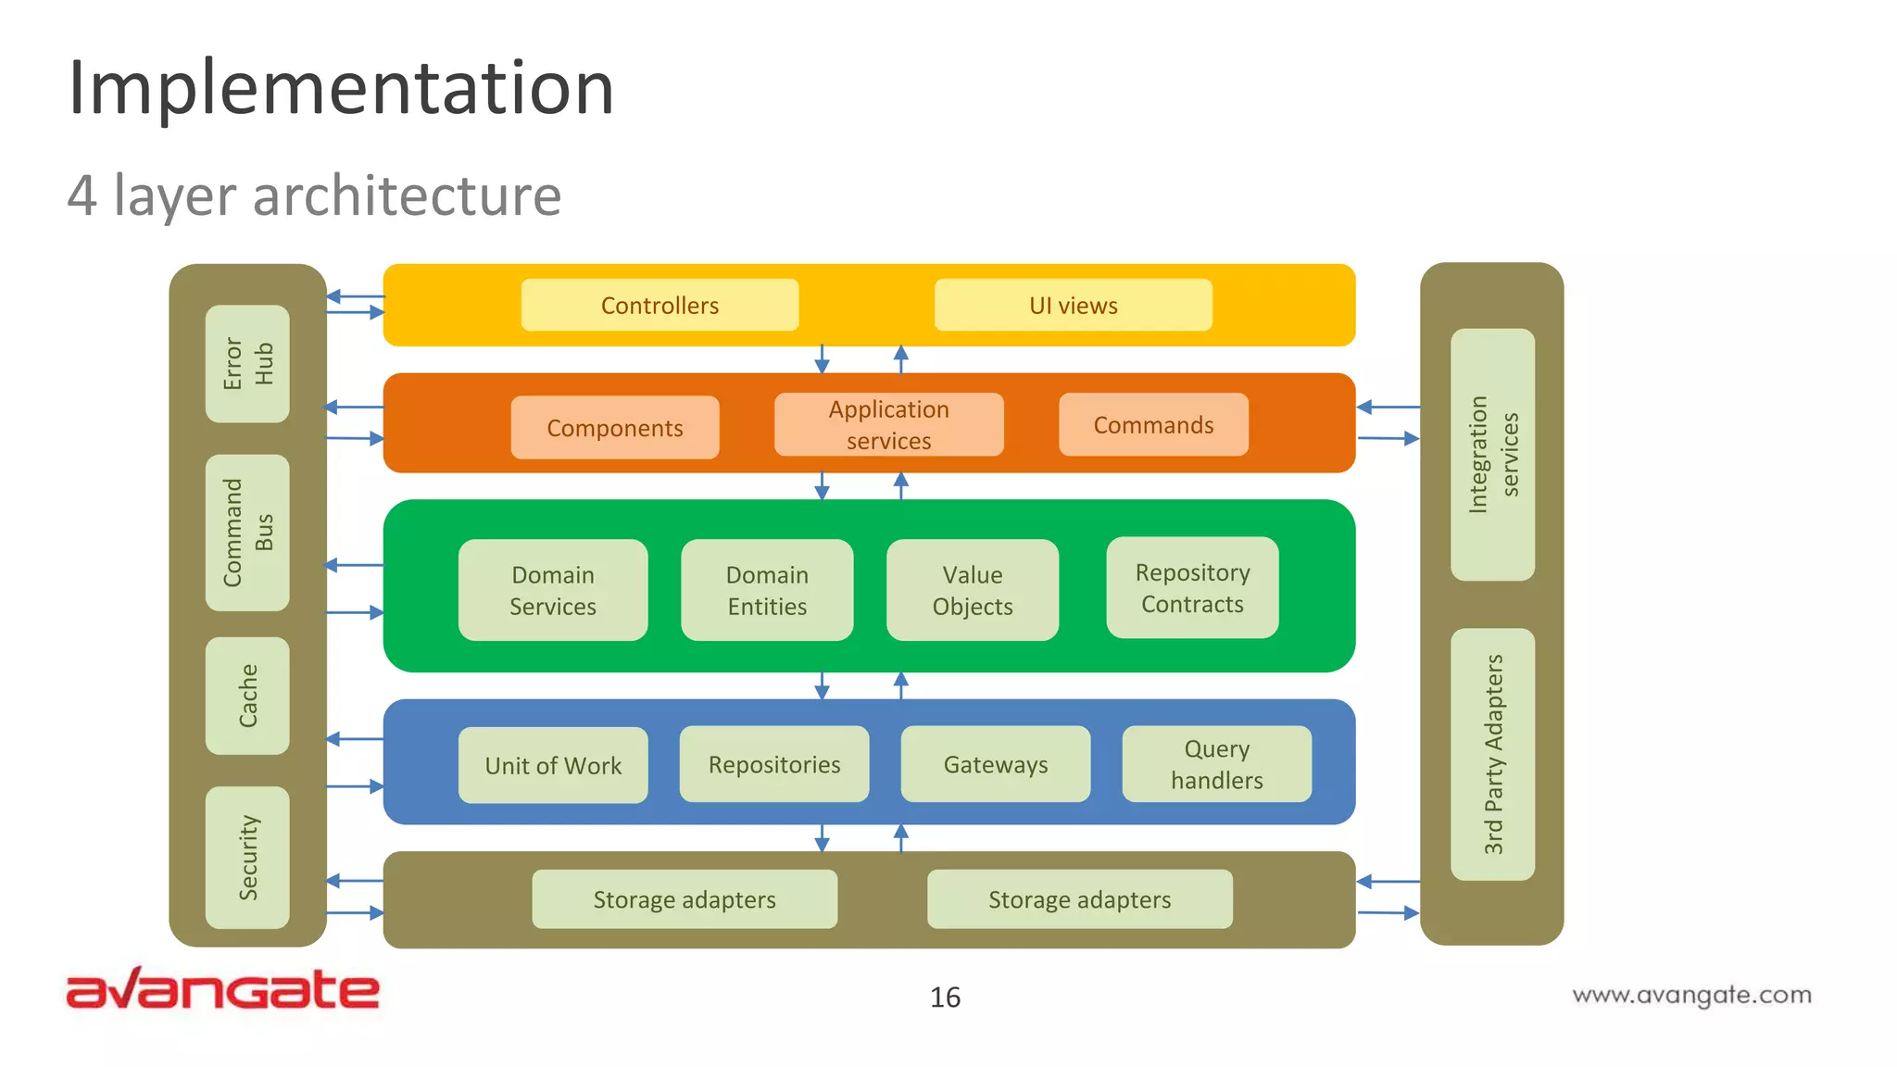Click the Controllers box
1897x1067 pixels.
[x=660, y=305]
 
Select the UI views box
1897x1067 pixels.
[x=1073, y=305]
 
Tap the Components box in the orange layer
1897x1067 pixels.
[x=614, y=427]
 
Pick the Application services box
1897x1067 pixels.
[x=888, y=424]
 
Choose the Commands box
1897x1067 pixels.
[x=1153, y=424]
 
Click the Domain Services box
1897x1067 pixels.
[x=553, y=590]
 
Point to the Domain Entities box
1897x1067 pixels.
[x=767, y=590]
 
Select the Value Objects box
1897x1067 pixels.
[x=973, y=590]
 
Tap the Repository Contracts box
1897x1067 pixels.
[x=1192, y=587]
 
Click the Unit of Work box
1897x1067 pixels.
[x=553, y=765]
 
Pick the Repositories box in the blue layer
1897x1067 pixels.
[x=774, y=764]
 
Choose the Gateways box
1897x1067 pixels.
[x=996, y=764]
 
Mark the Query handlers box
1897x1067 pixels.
[x=1216, y=764]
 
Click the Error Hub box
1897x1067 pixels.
[x=247, y=363]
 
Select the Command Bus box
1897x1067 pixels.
[x=247, y=533]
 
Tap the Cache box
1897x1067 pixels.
[x=247, y=696]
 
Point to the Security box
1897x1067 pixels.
[x=247, y=858]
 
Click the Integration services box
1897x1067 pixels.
[x=1492, y=455]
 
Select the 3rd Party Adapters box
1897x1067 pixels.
[x=1492, y=754]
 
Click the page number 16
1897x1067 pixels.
[x=945, y=997]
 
